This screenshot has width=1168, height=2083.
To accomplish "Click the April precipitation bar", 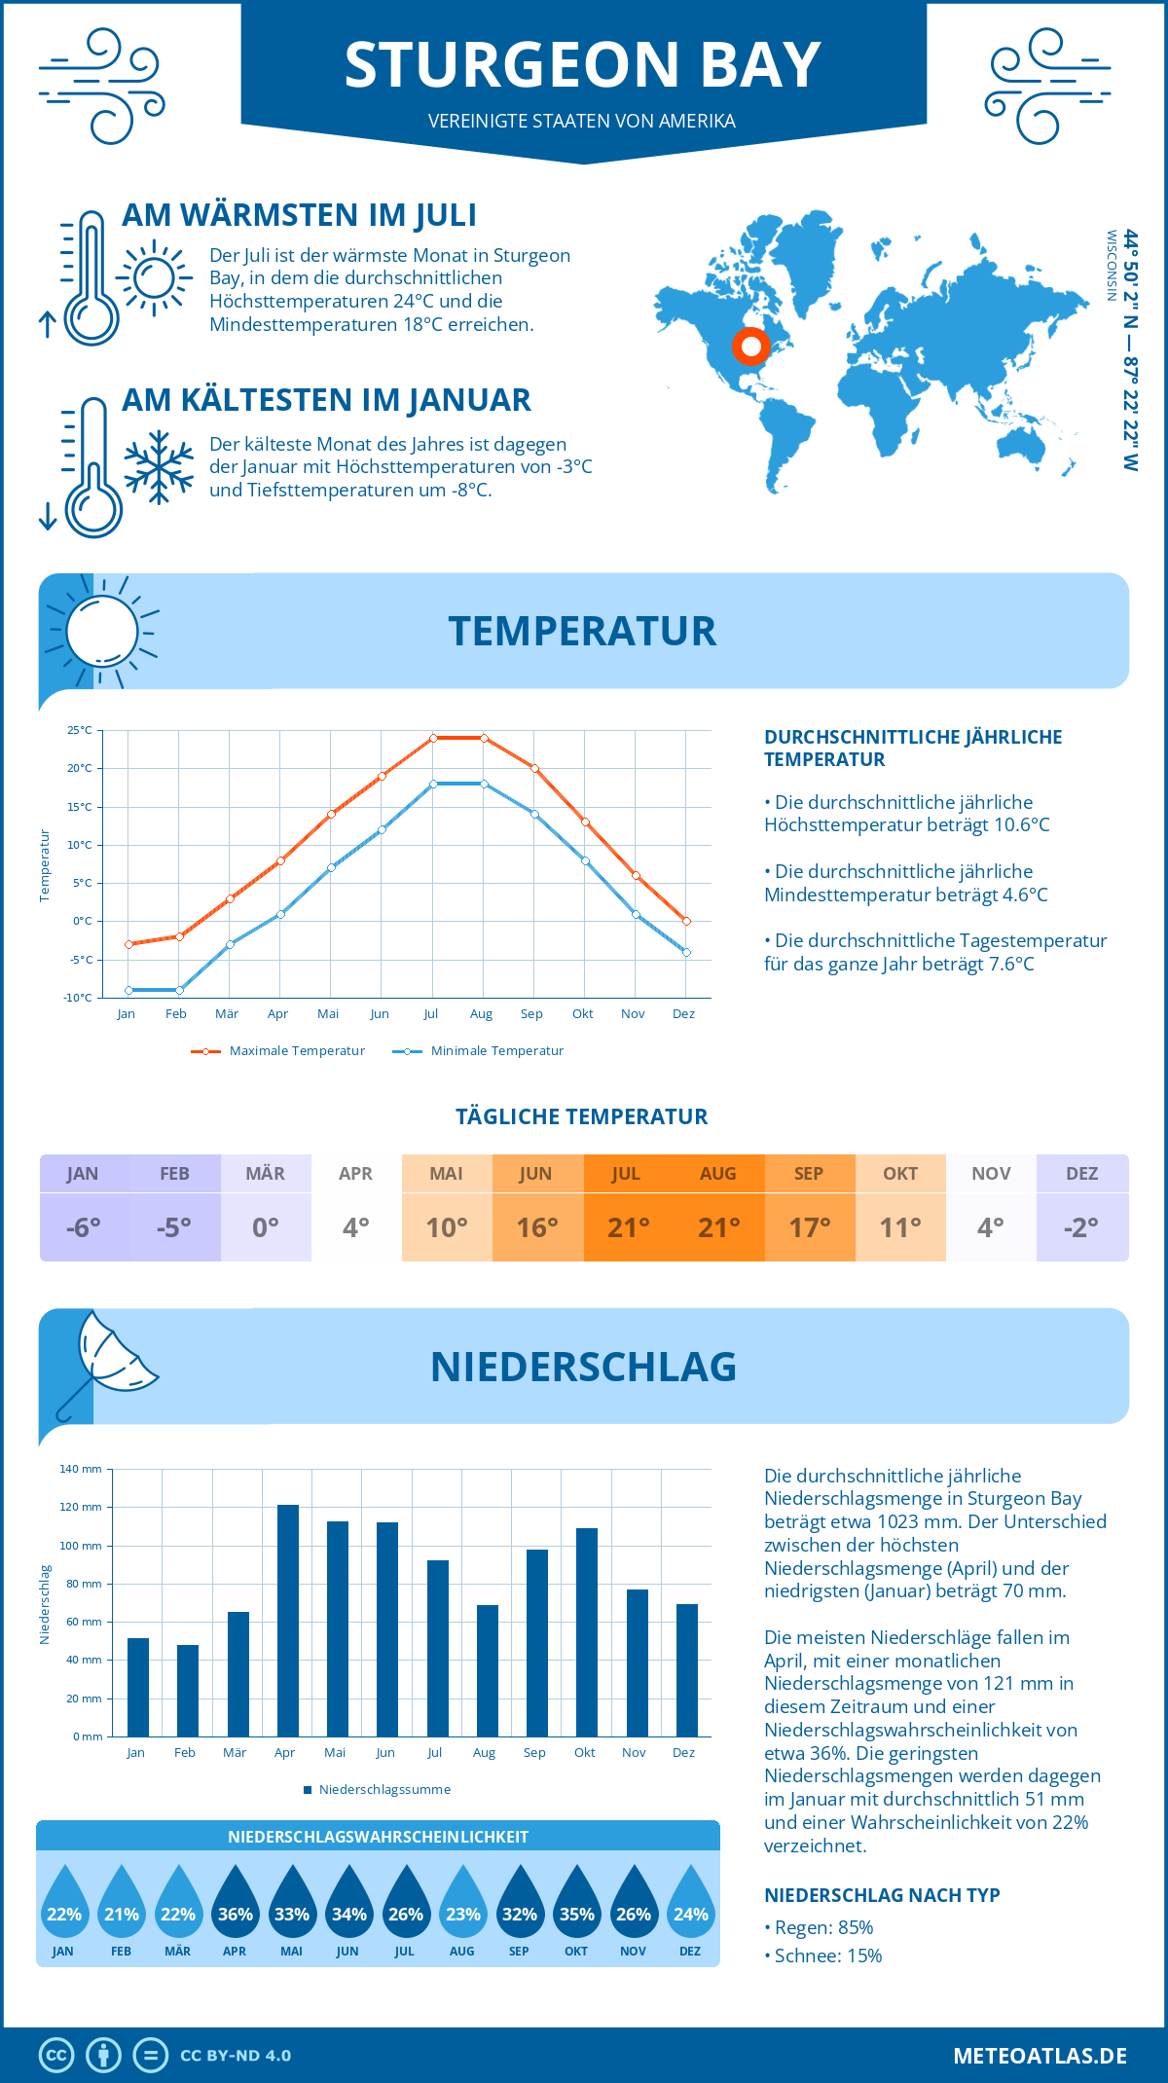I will coord(287,1621).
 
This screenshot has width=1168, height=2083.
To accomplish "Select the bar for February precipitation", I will coord(187,1691).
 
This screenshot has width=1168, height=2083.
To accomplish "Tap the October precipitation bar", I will coord(586,1632).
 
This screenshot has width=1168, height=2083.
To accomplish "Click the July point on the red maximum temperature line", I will coord(433,738).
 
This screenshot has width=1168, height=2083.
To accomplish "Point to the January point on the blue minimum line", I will coord(128,990).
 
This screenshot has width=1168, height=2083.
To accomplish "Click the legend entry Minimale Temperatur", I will coord(478,1051).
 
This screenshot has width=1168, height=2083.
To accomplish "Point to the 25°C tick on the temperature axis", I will coord(80,730).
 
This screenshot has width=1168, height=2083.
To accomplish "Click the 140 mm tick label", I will coord(81,1469).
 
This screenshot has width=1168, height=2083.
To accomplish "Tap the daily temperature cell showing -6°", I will coord(84,1227).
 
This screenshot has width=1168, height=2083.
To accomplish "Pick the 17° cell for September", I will coord(810,1227).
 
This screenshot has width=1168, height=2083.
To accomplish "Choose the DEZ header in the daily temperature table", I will coord(1081,1174).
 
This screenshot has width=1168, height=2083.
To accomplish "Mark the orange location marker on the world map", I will coord(750,347).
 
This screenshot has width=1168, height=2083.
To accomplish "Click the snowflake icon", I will coord(159,467).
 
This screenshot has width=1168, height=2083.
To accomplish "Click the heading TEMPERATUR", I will coord(582,632).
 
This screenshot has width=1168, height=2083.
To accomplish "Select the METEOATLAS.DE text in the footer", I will coord(1040,2056).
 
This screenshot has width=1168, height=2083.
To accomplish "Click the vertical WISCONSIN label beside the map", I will coord(1112,265).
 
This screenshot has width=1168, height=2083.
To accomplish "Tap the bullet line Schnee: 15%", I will coord(827,1955).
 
